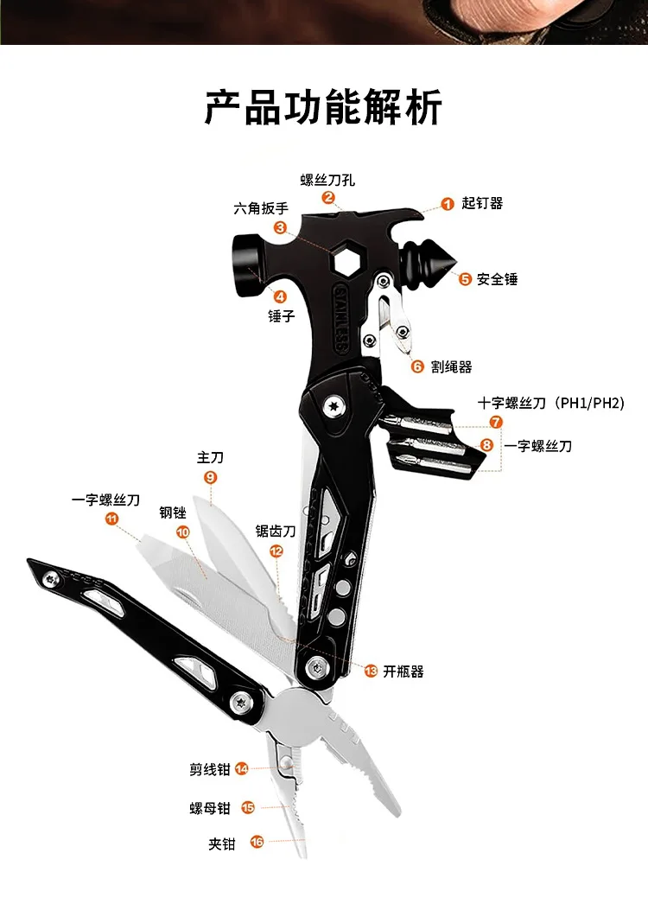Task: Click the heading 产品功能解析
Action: pyautogui.click(x=323, y=107)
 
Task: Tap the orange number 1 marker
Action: pyautogui.click(x=448, y=204)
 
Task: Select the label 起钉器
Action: pyautogui.click(x=482, y=204)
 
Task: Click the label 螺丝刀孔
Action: pyautogui.click(x=327, y=180)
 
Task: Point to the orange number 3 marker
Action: pyautogui.click(x=280, y=227)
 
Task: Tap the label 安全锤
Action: pyautogui.click(x=498, y=279)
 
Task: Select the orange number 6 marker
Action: pyautogui.click(x=417, y=366)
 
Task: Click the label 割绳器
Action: pyautogui.click(x=452, y=366)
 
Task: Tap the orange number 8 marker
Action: pyautogui.click(x=487, y=445)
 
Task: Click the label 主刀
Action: pyautogui.click(x=210, y=457)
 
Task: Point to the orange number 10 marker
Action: pyautogui.click(x=182, y=532)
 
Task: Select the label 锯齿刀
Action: pyautogui.click(x=276, y=531)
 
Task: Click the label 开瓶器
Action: pyautogui.click(x=403, y=671)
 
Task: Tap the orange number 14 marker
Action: pyautogui.click(x=242, y=768)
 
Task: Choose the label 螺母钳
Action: pyautogui.click(x=210, y=808)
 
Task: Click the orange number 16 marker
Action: pyautogui.click(x=257, y=842)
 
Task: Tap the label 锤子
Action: pyautogui.click(x=282, y=316)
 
